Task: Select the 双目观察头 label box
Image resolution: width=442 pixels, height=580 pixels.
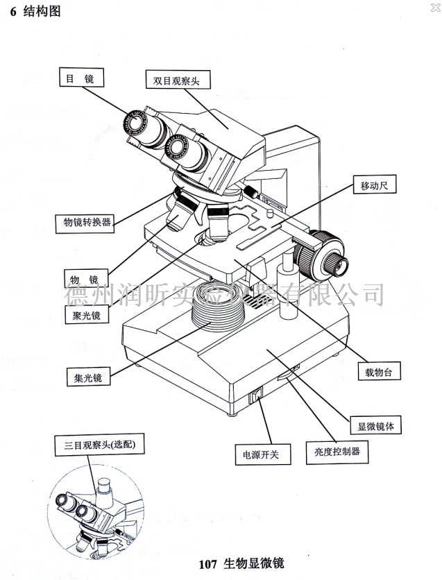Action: click(177, 80)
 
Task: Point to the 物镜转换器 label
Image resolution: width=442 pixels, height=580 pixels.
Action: click(84, 222)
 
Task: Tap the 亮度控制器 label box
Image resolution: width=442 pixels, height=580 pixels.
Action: click(337, 452)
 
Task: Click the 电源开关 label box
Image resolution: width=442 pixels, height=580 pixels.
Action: click(262, 455)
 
